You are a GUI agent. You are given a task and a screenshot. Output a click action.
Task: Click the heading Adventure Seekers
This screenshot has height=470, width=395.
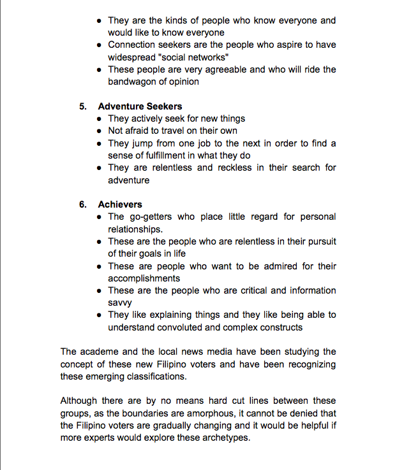pyautogui.click(x=140, y=106)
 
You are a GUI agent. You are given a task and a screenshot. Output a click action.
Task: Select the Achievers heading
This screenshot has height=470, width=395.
pyautogui.click(x=120, y=204)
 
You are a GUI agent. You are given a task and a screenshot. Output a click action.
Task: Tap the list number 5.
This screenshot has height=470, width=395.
pyautogui.click(x=83, y=106)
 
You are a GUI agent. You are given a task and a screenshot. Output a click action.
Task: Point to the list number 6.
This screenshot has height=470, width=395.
pyautogui.click(x=83, y=204)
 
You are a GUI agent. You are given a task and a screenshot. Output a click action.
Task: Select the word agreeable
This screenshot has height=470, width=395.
pyautogui.click(x=218, y=69)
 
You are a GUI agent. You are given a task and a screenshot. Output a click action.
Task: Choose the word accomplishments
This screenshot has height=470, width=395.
pyautogui.click(x=144, y=278)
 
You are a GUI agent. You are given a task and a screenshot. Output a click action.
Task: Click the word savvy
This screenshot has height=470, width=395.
pyautogui.click(x=119, y=303)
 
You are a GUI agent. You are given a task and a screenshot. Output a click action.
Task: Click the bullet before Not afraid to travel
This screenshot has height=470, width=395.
pyautogui.click(x=99, y=131)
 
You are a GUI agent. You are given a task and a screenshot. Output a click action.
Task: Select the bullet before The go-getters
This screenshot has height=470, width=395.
pyautogui.click(x=99, y=217)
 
